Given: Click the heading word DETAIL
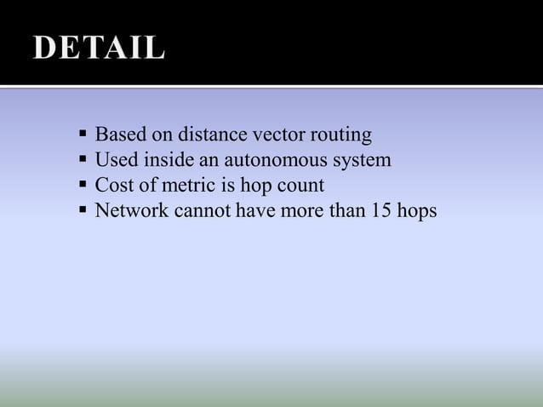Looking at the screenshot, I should point(99,49).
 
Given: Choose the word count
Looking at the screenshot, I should point(302,185).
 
